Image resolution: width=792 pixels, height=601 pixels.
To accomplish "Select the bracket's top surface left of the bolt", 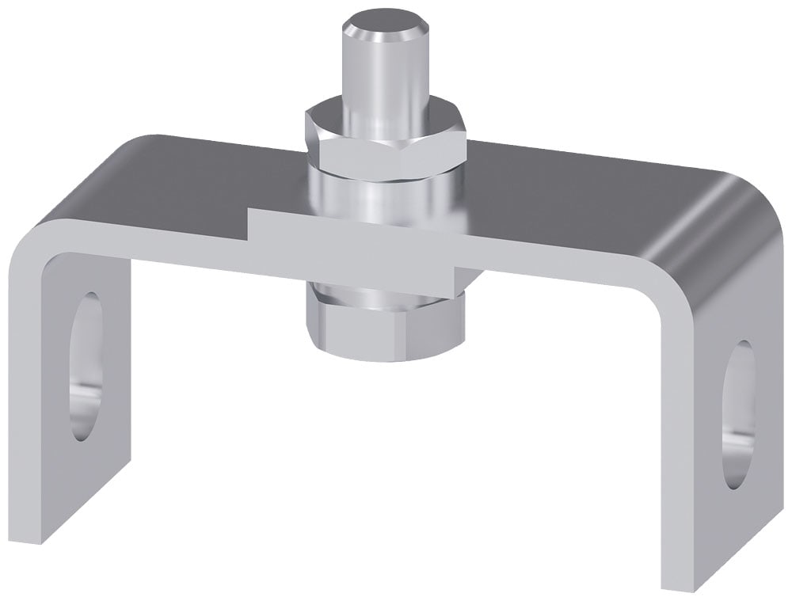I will click(198, 178).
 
